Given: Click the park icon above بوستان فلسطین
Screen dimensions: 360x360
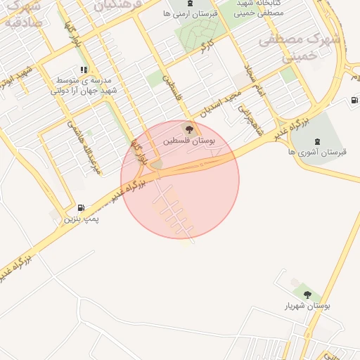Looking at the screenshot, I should [188, 129].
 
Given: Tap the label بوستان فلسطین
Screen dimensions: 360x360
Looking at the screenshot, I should [189, 141].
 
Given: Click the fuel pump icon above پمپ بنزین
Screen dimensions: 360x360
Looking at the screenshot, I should [82, 208].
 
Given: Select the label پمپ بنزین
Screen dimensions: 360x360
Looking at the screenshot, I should [82, 219].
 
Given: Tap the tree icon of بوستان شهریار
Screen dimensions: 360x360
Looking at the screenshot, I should [307, 294].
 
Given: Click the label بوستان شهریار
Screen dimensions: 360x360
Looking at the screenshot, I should [307, 306].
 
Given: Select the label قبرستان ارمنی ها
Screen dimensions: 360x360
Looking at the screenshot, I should [190, 13].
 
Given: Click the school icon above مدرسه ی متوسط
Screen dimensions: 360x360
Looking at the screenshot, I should [84, 70].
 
